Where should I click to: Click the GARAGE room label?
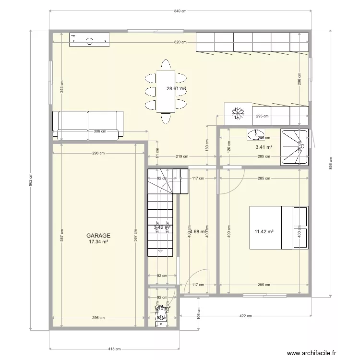(98, 236)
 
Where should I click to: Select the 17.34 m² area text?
(98, 242)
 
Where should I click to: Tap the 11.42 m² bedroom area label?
(264, 231)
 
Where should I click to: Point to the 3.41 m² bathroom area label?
(264, 148)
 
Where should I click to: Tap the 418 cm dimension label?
(114, 349)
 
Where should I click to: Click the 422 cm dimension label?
(245, 316)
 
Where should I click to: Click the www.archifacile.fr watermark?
(312, 353)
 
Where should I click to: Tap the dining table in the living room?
(166, 91)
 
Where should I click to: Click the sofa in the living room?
(87, 126)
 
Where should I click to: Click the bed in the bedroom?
(278, 228)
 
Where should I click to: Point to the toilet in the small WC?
(162, 316)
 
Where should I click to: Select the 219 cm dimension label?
(181, 157)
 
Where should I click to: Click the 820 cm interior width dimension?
(180, 42)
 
